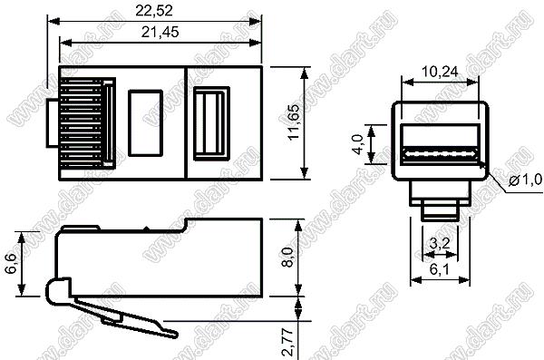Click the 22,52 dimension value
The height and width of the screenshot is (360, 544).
(154, 11)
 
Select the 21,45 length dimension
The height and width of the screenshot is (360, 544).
(160, 32)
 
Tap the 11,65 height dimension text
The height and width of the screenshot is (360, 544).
(294, 122)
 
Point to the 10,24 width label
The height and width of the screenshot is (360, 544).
(440, 72)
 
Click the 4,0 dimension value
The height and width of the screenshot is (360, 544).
(358, 144)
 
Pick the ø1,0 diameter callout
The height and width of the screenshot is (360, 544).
(525, 180)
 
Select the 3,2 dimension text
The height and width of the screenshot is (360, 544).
(440, 243)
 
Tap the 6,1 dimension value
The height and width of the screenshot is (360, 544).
(440, 269)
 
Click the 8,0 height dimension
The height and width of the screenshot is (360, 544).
(287, 257)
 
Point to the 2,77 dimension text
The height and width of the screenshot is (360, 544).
(289, 343)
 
